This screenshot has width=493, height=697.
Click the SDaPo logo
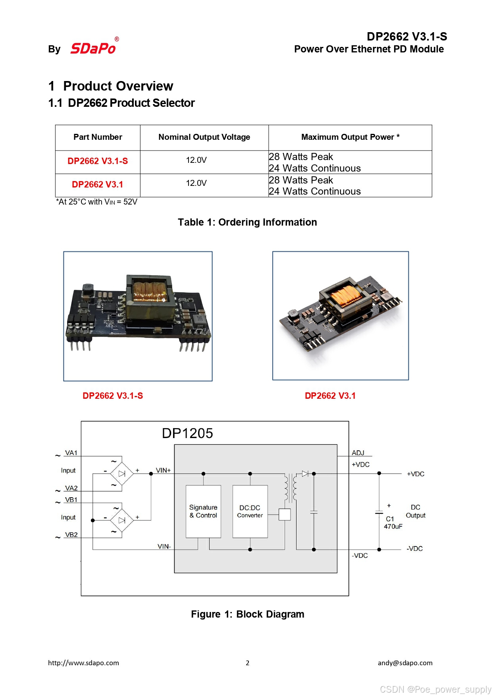(x=93, y=48)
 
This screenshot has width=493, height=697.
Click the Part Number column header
(x=98, y=137)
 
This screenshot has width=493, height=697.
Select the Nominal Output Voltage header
(x=204, y=137)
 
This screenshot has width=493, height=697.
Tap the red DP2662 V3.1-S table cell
(x=98, y=161)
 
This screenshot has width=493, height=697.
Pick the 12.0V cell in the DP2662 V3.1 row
(x=196, y=183)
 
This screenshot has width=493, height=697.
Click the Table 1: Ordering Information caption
(x=247, y=222)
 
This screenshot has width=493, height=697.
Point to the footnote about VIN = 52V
(x=96, y=202)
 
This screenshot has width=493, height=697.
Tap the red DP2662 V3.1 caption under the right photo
(x=330, y=396)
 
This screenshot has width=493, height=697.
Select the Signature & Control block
(x=203, y=511)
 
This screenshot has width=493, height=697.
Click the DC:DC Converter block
(x=250, y=511)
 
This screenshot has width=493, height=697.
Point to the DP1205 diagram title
(x=187, y=433)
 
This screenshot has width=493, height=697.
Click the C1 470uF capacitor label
(x=393, y=523)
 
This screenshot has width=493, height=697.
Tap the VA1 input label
(x=71, y=453)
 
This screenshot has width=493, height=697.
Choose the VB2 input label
(x=71, y=535)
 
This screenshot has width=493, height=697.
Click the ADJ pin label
(x=358, y=453)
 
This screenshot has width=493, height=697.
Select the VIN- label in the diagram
(x=164, y=546)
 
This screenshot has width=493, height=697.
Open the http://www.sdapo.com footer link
(x=83, y=662)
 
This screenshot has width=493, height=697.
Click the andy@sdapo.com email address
(x=405, y=662)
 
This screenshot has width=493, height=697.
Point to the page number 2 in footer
(x=247, y=662)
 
